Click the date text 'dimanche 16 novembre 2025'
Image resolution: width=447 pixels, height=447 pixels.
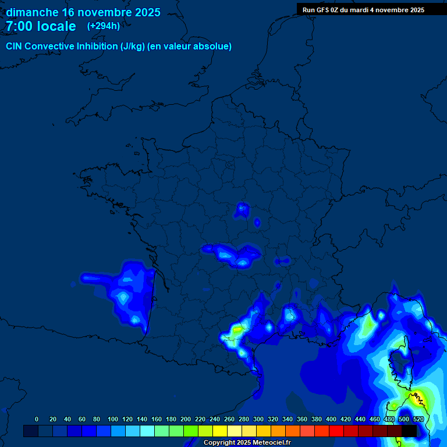pos(83,12)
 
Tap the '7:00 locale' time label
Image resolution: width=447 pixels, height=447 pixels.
pos(41,26)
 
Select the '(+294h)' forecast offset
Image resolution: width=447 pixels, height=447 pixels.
pos(104,26)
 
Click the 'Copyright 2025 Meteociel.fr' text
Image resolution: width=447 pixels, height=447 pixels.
pos(247,443)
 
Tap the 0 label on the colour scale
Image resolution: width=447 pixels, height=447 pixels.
pos(37,419)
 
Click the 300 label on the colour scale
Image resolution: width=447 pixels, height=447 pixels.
pos(258,419)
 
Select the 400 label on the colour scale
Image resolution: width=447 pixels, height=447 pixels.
pos(331,419)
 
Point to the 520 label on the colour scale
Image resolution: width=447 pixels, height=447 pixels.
pos(418,419)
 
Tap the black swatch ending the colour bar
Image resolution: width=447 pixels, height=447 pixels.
pos(409,431)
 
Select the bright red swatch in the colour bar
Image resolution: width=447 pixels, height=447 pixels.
pos(336,431)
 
